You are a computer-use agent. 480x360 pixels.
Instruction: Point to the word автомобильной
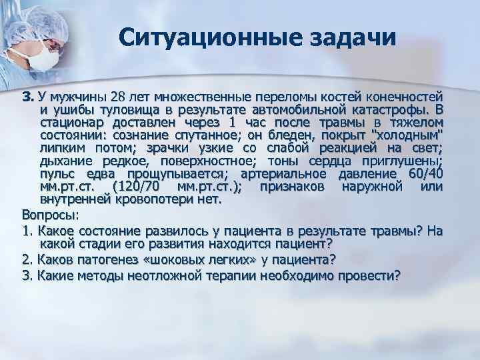click(x=302, y=110)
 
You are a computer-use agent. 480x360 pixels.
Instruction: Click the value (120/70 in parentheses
click(x=137, y=187)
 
